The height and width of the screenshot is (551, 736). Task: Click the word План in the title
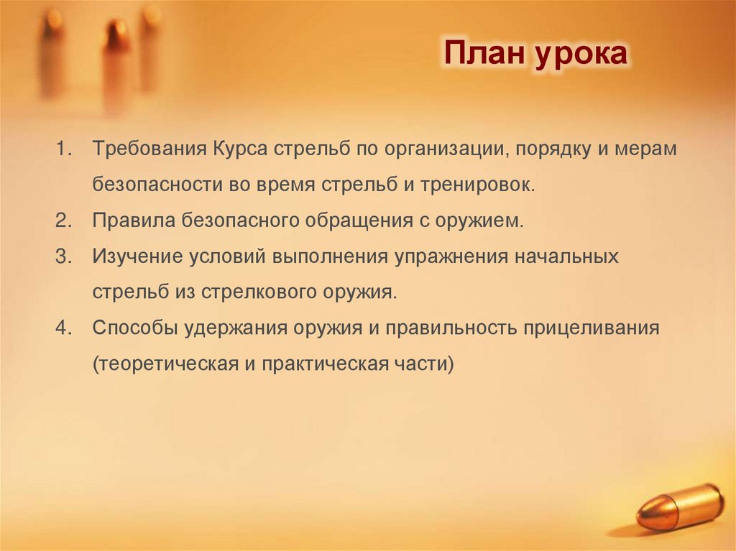click(x=484, y=55)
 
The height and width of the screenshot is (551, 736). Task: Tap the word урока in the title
click(x=580, y=56)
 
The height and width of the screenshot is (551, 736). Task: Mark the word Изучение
click(x=137, y=256)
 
